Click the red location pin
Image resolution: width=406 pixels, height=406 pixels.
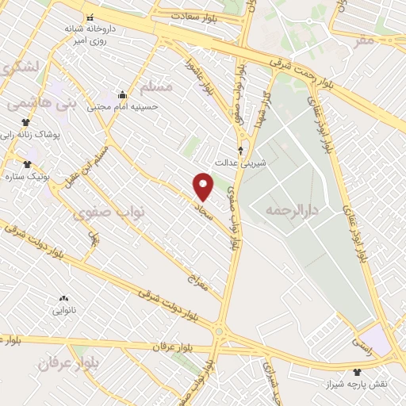(x=204, y=186)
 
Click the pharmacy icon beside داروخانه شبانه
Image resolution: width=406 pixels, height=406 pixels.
(x=90, y=17)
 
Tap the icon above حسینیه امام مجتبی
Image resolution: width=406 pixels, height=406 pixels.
(x=122, y=94)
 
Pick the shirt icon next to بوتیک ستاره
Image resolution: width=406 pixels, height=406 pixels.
(x=27, y=164)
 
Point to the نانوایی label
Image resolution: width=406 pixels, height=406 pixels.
(x=63, y=311)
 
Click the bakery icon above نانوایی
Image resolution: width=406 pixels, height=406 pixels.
(x=63, y=299)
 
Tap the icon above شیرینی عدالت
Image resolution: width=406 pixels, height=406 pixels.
(x=241, y=148)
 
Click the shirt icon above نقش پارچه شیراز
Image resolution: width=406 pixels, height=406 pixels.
(x=358, y=371)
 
